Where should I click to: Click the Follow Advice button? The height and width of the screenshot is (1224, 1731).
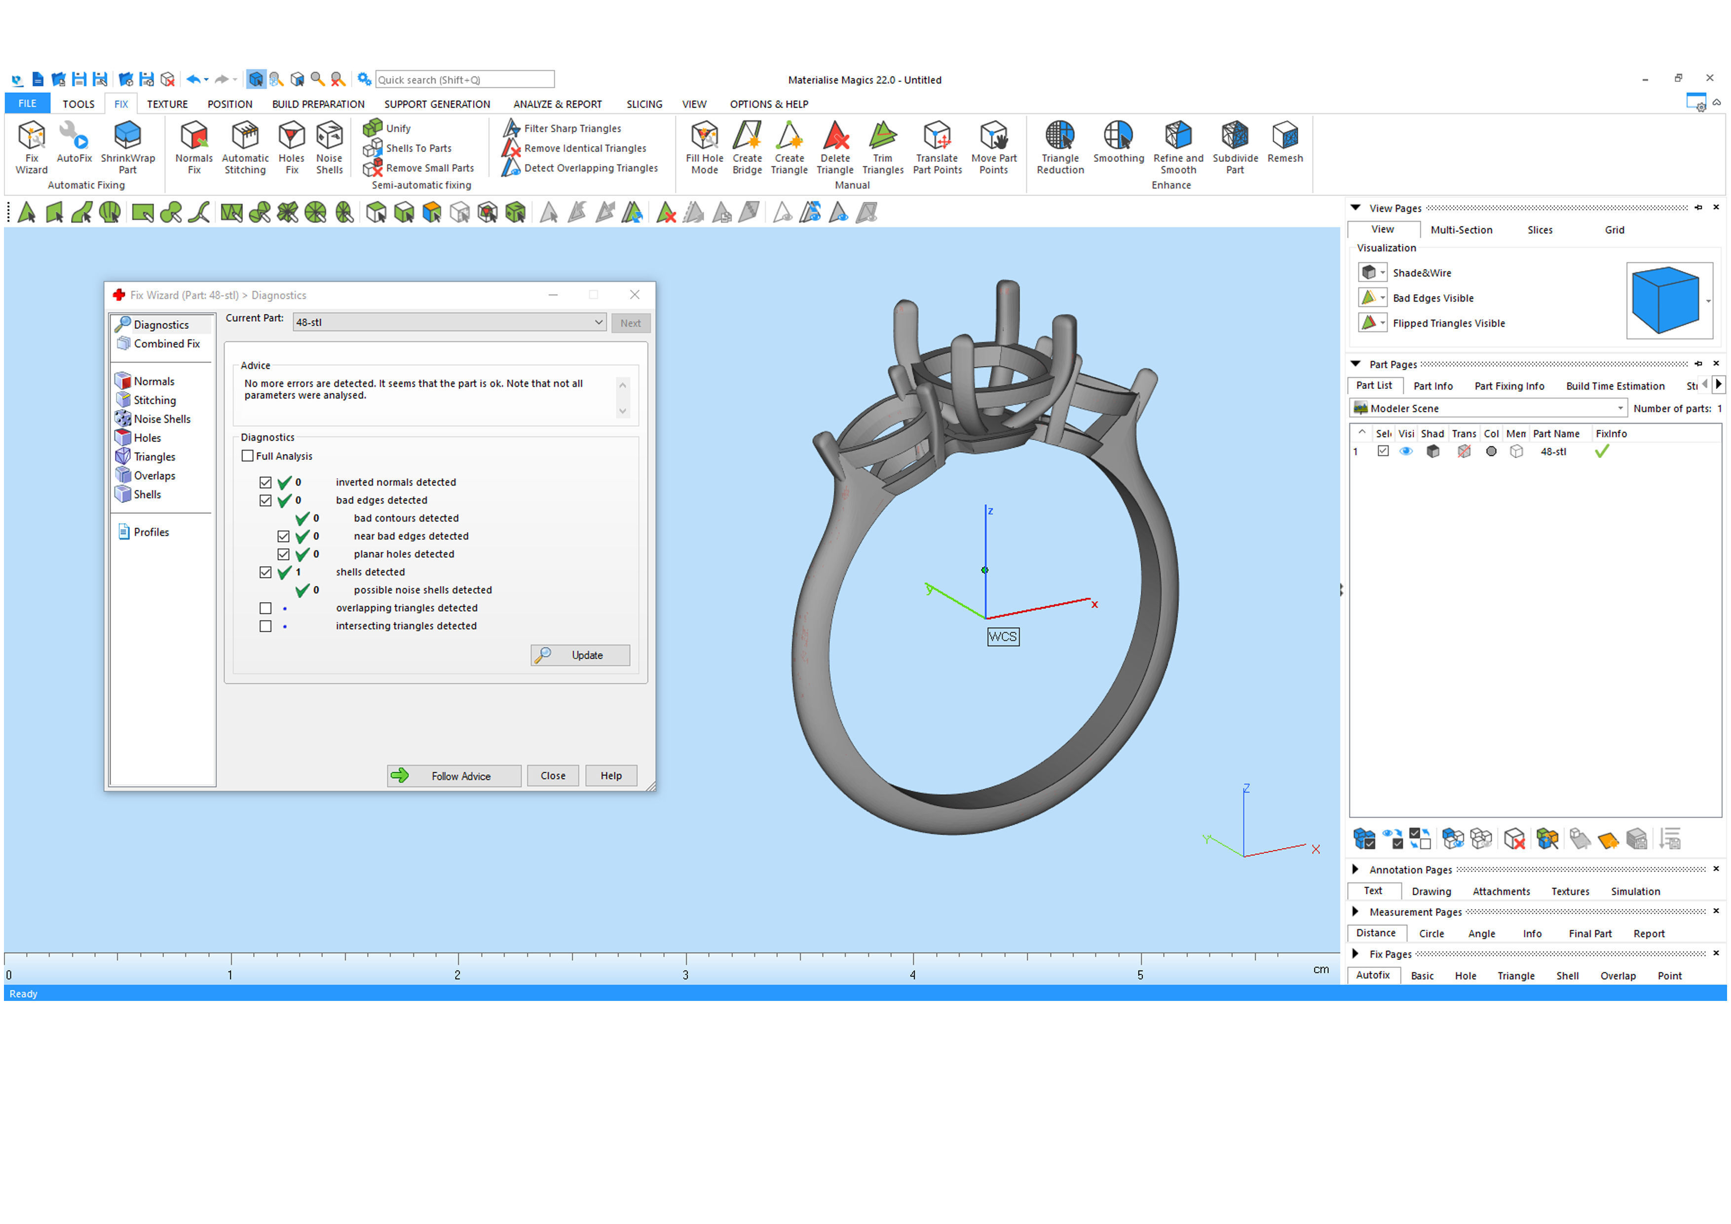click(453, 775)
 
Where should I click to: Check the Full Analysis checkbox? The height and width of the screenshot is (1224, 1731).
click(247, 456)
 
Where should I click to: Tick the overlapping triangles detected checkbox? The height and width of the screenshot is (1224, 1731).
click(265, 608)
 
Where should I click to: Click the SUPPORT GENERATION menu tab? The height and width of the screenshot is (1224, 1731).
click(437, 104)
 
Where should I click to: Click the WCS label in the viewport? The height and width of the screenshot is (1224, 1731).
click(1002, 637)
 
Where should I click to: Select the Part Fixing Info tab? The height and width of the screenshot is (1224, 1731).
click(1508, 386)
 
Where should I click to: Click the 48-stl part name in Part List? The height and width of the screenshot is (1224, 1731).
click(1552, 452)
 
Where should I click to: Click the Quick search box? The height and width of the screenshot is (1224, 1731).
click(464, 80)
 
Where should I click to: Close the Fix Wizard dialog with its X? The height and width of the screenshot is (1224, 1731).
click(634, 295)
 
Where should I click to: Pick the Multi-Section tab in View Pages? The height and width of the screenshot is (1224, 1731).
click(1460, 230)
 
